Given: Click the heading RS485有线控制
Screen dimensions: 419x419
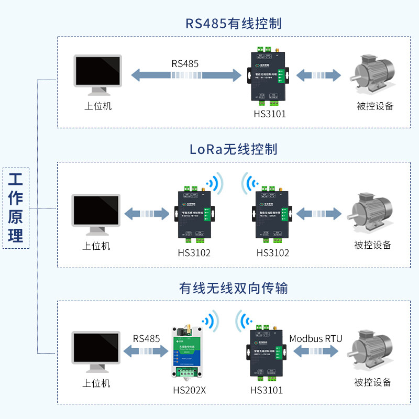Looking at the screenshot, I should coord(234,24).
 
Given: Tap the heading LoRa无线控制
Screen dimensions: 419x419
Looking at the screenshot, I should coord(234,149).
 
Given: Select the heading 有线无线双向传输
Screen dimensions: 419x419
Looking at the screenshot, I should coord(234,288).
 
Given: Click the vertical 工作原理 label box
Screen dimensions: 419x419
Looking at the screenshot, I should coord(16,207).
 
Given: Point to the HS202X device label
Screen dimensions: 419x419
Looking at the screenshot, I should coord(189,390).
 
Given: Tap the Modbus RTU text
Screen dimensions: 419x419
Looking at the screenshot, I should coord(315,338).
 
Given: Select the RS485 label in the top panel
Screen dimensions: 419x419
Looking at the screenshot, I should coord(185,63).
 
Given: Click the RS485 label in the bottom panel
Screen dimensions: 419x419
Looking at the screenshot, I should coord(146,338).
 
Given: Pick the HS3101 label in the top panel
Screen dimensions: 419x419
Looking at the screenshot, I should coord(270,114).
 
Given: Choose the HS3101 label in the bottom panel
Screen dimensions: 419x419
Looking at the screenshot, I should coord(266,390).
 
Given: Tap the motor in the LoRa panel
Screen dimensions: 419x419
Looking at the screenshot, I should coord(372,212).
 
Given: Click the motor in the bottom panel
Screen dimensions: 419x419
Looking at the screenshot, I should coord(372,351).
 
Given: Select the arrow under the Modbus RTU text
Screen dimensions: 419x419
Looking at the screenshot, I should coord(315,351).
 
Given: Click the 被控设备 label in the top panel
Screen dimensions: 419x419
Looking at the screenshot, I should coord(374,106).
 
